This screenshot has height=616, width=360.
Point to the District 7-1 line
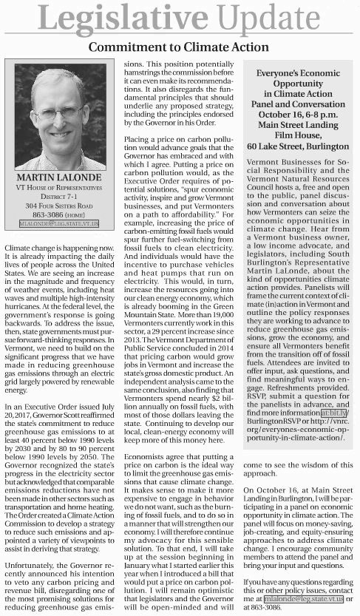(58, 197)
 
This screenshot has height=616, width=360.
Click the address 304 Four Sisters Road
(58, 206)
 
